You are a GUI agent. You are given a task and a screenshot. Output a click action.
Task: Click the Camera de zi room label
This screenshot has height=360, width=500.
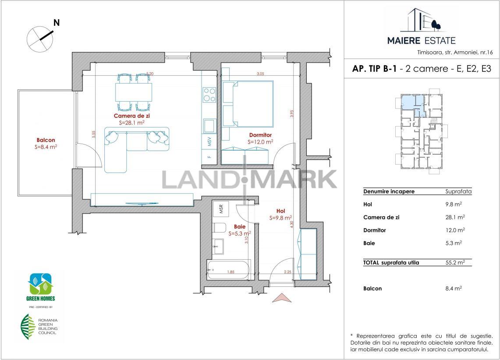[x=132, y=116]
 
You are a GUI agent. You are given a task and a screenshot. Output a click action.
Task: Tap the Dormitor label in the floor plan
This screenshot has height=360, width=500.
[x=261, y=135]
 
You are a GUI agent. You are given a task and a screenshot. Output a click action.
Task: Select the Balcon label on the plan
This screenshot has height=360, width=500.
[x=46, y=140]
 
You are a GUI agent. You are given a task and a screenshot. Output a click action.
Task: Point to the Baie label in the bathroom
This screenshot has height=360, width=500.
[x=240, y=226]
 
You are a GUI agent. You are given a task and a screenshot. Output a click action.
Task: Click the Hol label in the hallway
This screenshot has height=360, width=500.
[x=280, y=211]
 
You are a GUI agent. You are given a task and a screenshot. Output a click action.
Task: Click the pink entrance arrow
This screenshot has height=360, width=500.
[x=282, y=297]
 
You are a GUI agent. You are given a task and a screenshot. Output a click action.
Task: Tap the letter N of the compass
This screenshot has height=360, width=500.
[x=57, y=23]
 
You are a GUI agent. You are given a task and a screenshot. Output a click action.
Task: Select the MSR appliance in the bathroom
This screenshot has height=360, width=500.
[x=221, y=208]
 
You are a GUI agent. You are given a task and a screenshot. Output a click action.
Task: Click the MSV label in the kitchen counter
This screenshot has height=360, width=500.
[x=209, y=141]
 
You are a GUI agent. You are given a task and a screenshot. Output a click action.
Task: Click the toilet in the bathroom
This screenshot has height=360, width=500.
[x=220, y=228]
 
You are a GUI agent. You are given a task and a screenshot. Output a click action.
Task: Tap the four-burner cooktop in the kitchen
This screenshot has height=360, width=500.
[x=209, y=95]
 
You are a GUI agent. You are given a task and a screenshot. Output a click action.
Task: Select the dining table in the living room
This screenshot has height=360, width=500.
[x=134, y=92]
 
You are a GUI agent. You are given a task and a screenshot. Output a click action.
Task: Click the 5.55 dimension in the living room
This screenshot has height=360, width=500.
[x=93, y=134]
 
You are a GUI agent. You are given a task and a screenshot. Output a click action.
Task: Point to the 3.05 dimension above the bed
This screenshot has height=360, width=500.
[x=261, y=74]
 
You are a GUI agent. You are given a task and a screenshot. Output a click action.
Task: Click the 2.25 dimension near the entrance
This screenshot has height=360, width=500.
[x=287, y=272]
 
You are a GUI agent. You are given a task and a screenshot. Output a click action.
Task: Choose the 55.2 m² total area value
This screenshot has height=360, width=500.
[x=455, y=262]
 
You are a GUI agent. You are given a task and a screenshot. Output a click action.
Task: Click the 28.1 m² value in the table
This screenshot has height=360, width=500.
[x=455, y=217]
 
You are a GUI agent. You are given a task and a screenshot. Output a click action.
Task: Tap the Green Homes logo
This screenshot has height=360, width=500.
[x=40, y=287]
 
